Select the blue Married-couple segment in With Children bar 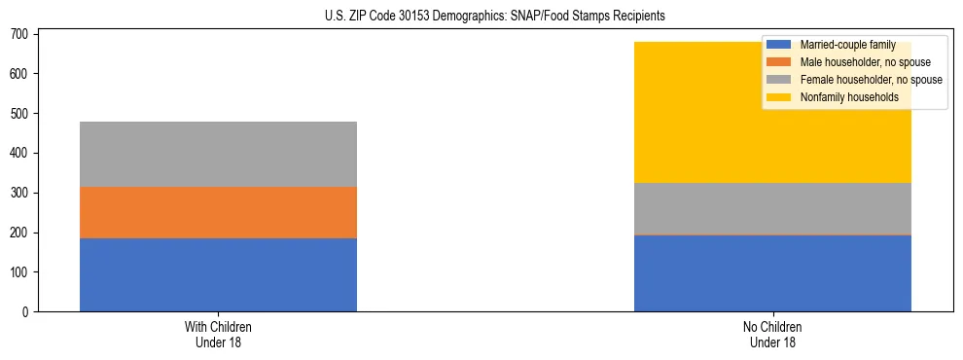(x=218, y=274)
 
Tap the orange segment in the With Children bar (x=218, y=212)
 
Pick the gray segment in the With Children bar (x=218, y=154)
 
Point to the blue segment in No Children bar (x=772, y=273)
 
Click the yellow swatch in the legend (x=779, y=97)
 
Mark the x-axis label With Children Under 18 (x=218, y=334)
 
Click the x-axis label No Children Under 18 (x=772, y=334)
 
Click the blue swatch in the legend (x=779, y=46)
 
